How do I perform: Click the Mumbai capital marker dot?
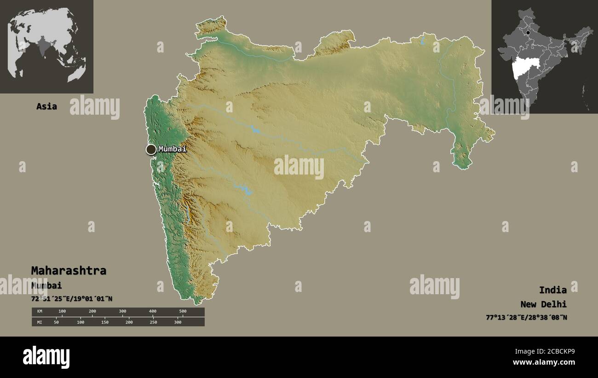pos(151,149)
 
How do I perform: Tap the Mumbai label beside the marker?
pos(172,149)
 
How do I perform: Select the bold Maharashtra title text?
pos(69,271)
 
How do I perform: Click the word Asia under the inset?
pos(47,106)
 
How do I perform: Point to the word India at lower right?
pos(553,290)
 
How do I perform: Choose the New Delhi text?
pos(544,304)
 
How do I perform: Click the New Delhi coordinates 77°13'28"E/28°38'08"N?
pos(526,317)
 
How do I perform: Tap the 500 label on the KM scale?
pos(183,312)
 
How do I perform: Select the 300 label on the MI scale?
pos(178,322)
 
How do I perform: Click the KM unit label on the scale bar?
pos(40,312)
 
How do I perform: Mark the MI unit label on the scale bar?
pos(40,322)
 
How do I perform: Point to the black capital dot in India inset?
pos(528,33)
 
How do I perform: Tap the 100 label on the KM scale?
pos(62,312)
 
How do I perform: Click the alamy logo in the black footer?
pos(46,357)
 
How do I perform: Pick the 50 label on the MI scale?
pos(56,322)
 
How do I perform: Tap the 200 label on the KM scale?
pos(92,312)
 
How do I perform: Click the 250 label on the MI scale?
pos(153,322)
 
